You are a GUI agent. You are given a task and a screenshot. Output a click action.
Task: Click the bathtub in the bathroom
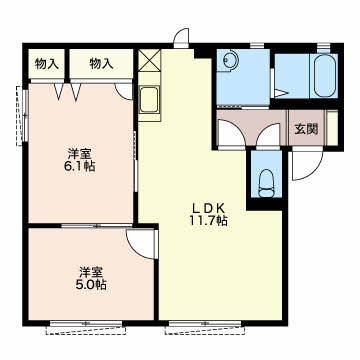324,76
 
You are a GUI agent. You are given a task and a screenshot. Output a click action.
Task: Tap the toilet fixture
266,183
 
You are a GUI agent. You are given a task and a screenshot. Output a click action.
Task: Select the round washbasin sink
231,61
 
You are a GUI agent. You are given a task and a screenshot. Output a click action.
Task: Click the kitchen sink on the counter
149,100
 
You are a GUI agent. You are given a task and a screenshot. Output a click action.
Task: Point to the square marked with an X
149,60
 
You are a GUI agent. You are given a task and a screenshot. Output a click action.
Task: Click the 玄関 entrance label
306,129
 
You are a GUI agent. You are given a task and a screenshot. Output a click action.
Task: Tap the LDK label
209,209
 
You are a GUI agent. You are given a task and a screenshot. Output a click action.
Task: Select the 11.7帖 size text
209,220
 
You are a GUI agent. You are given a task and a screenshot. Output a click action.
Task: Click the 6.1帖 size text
80,166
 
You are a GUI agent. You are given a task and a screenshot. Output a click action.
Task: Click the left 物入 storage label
47,64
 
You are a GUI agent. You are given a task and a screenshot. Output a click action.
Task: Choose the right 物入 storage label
101,64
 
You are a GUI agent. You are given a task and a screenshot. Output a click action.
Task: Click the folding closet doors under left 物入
68,91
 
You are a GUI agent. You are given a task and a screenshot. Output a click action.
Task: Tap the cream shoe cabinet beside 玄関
332,128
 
